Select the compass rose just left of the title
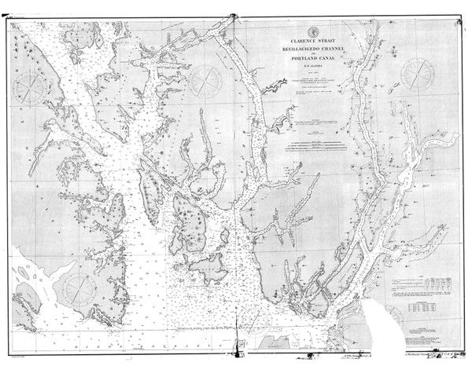pos(208,79)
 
